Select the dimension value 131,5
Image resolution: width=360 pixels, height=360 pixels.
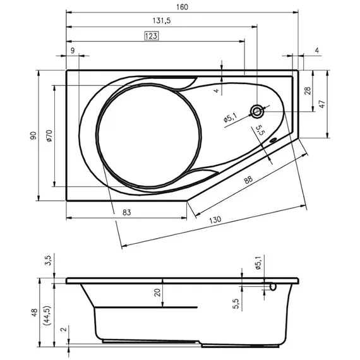(x=162, y=21)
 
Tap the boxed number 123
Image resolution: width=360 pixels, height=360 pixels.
(x=150, y=36)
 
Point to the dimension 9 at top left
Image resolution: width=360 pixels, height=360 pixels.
(x=73, y=50)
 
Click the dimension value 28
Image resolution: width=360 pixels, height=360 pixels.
(x=308, y=91)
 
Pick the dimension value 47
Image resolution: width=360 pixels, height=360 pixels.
(x=321, y=104)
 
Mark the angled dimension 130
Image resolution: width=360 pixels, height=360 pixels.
(x=215, y=220)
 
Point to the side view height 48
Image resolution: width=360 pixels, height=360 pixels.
(x=33, y=312)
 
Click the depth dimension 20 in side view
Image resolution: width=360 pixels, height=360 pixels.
(x=158, y=292)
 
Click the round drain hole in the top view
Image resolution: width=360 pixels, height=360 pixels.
(x=258, y=112)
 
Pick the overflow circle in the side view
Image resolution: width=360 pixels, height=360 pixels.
(x=273, y=287)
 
